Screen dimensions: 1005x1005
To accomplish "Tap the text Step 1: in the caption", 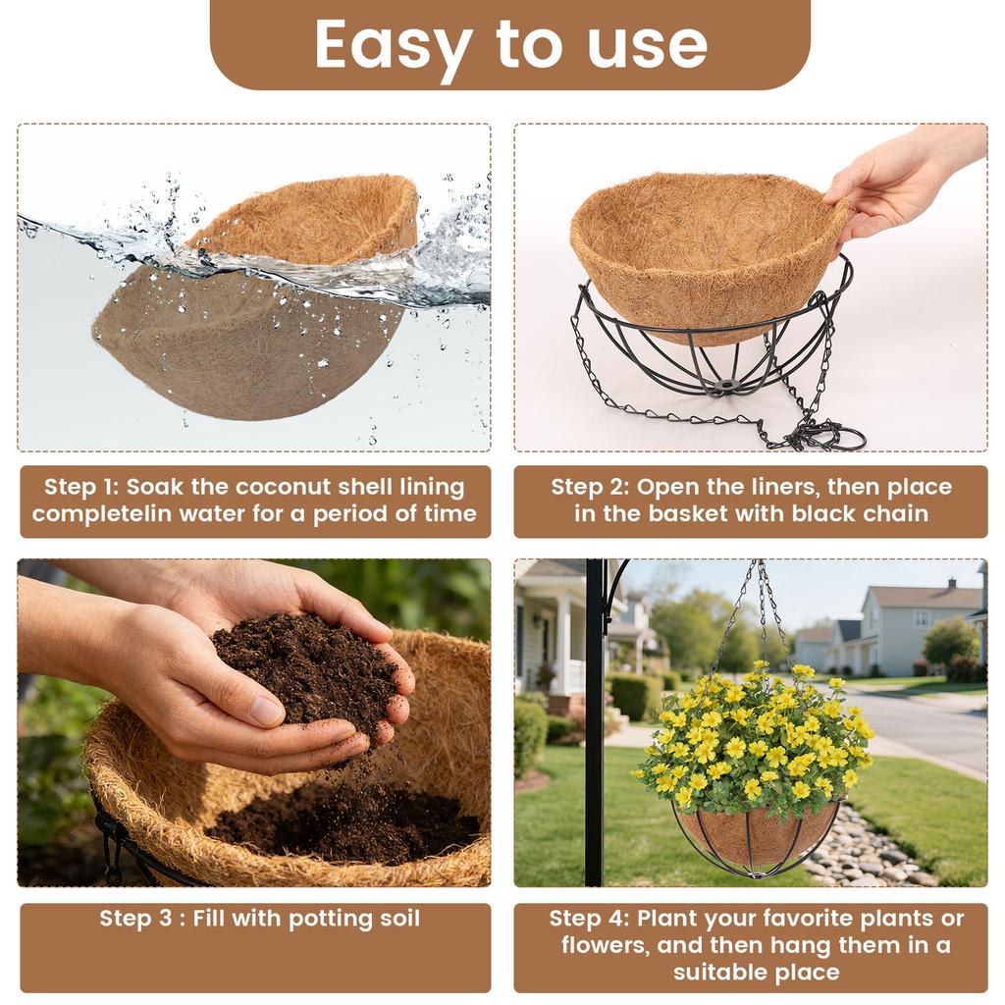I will [x=80, y=488].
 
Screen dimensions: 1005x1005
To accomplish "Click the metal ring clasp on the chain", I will [x=842, y=436].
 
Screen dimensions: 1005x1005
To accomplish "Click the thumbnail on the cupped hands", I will [x=267, y=712].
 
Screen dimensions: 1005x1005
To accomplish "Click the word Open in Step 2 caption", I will [x=668, y=488].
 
